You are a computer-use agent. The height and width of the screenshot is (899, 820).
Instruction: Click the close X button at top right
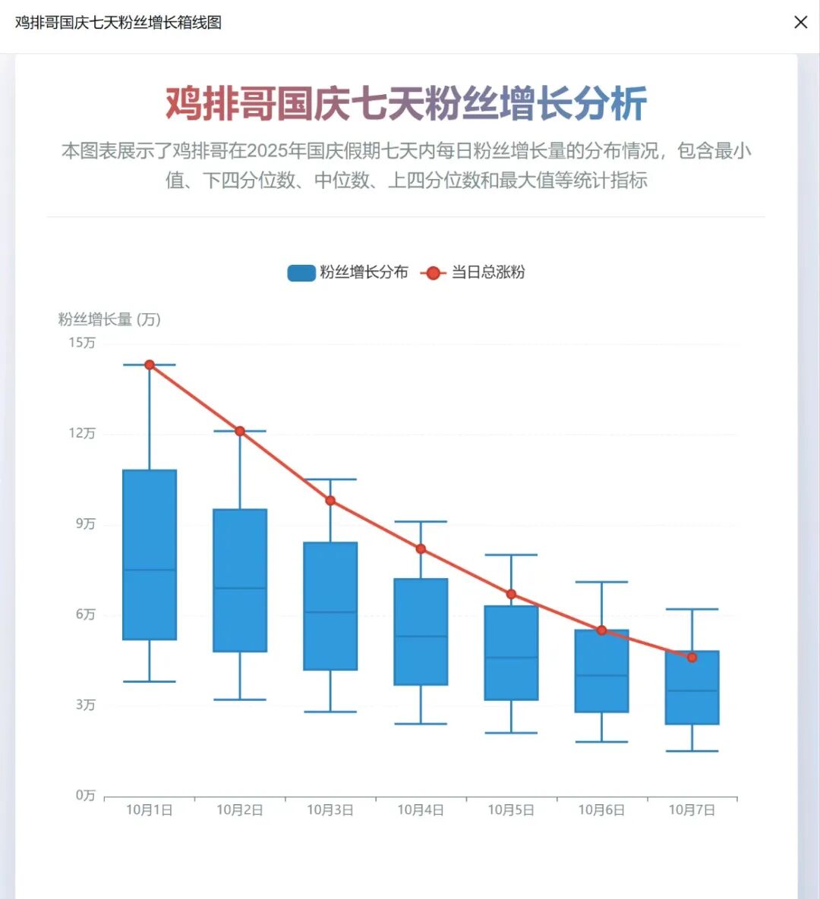coord(800,23)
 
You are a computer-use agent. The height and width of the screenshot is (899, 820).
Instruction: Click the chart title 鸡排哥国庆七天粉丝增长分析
coord(406,104)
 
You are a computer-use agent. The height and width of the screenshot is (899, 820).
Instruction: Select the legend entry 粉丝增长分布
coord(348,272)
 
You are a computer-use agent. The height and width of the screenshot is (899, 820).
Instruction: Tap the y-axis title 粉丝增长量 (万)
coord(109,319)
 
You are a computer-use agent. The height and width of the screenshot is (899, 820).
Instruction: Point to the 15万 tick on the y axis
coord(82,343)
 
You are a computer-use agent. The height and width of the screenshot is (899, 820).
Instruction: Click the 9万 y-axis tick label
coord(85,524)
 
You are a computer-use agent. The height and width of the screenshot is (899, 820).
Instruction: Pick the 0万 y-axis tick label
coord(85,795)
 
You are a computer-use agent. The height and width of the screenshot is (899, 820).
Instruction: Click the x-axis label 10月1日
coord(150,810)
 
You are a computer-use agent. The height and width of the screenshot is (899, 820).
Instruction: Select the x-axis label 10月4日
coord(421,810)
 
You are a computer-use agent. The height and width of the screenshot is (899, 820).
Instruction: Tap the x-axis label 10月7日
coord(692,810)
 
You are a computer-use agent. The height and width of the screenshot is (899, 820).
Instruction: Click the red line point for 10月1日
coord(150,365)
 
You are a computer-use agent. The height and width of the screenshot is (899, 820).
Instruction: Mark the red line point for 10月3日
coord(330,501)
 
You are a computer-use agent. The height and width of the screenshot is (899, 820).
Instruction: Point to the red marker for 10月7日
coord(692,657)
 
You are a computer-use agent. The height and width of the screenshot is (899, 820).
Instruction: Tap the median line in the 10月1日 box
coord(150,570)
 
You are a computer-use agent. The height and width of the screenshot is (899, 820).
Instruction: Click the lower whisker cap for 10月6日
coord(601,742)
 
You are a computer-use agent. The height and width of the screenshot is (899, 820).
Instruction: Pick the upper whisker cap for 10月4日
coord(421,522)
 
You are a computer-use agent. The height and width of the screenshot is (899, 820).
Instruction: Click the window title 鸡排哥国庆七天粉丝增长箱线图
coord(118,23)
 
